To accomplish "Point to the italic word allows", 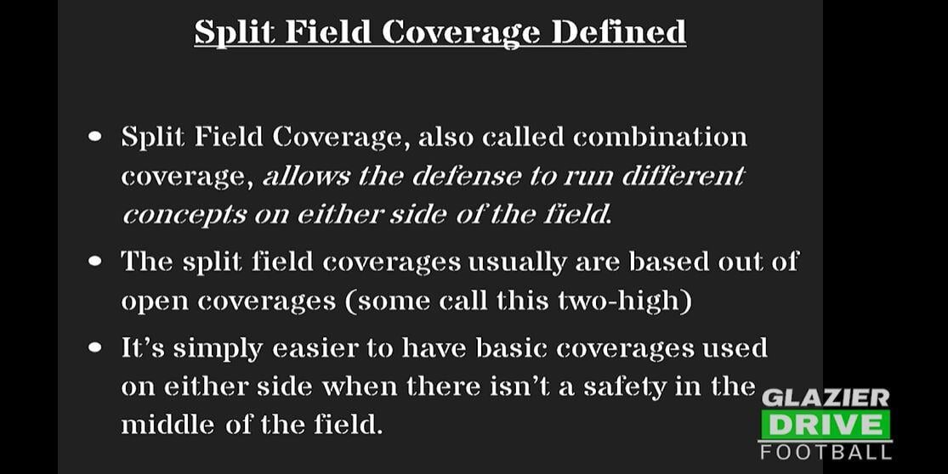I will (305, 176).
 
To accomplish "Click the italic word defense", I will (460, 176).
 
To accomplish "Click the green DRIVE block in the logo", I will (825, 425).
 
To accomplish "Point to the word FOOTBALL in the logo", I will (825, 451).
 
